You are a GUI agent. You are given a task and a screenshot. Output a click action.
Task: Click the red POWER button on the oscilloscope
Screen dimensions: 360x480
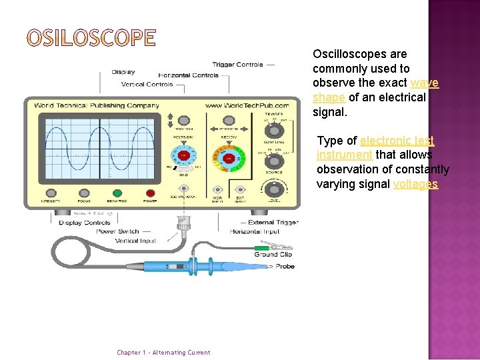click(150, 193)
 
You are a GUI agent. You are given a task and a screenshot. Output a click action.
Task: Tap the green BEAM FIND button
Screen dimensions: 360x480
click(117, 193)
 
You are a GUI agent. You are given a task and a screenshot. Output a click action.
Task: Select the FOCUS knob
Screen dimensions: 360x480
click(84, 193)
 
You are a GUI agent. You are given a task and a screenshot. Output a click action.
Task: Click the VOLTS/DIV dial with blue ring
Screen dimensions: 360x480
click(183, 156)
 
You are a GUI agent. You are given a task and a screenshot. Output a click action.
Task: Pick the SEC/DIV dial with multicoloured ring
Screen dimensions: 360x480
click(227, 158)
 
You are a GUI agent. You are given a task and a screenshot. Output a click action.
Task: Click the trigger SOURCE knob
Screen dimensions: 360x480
click(273, 159)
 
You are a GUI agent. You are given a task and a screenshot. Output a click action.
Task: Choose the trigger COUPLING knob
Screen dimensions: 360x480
click(273, 129)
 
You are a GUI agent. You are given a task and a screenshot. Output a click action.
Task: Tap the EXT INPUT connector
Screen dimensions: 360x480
click(240, 190)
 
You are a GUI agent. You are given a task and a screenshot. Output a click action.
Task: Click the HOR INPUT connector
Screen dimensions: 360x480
click(217, 190)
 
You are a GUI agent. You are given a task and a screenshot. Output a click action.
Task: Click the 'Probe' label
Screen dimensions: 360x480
click(285, 267)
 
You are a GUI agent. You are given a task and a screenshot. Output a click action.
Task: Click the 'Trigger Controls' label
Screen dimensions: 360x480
click(238, 65)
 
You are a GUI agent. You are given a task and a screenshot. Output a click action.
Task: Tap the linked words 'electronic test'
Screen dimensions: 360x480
click(397, 141)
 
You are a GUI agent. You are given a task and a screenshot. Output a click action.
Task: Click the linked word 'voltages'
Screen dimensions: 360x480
click(415, 184)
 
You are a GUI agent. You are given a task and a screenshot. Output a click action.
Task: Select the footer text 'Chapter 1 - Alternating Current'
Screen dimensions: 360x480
click(163, 353)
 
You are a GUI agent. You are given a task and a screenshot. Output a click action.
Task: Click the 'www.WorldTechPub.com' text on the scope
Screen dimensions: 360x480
click(247, 105)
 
